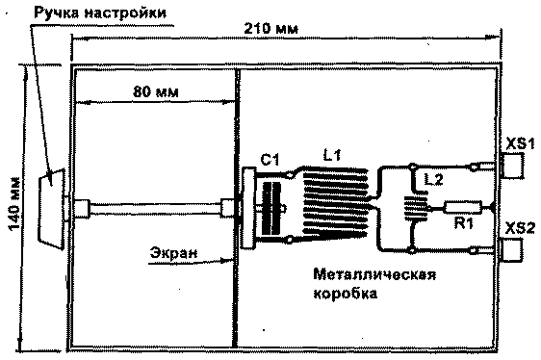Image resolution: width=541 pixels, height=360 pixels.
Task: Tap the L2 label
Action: coord(435,179)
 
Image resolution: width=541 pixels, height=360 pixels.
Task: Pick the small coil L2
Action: coord(416,208)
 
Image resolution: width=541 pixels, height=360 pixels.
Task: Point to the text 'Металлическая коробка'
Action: coord(374,285)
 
